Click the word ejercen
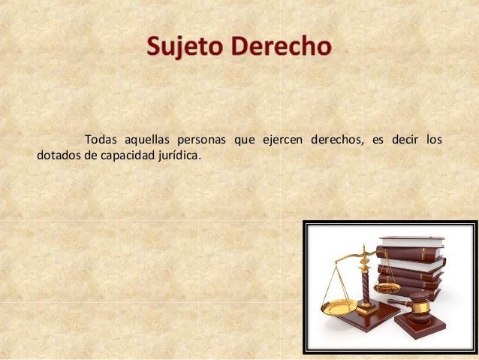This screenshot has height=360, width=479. (x=281, y=140)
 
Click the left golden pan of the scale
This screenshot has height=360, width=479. (x=339, y=306)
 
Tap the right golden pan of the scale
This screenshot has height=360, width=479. (x=387, y=287)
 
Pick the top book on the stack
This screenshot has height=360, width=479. (x=411, y=241)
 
